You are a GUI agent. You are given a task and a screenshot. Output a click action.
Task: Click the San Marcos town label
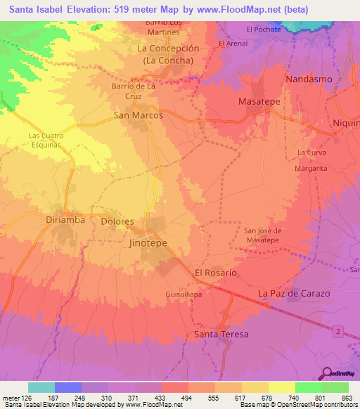[139, 115]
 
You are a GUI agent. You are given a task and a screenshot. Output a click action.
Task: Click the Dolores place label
[117, 221]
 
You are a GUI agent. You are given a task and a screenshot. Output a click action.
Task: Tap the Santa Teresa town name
[221, 334]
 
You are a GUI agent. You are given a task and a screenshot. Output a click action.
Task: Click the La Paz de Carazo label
[294, 292]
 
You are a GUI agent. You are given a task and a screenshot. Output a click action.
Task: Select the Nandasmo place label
[309, 79]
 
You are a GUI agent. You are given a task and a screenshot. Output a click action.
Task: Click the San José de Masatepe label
[263, 235]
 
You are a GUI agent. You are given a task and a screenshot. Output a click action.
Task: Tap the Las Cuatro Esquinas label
[46, 139]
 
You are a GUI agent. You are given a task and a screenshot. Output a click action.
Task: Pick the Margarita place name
[311, 169]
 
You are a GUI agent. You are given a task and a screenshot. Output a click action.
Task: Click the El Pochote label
[264, 29]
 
